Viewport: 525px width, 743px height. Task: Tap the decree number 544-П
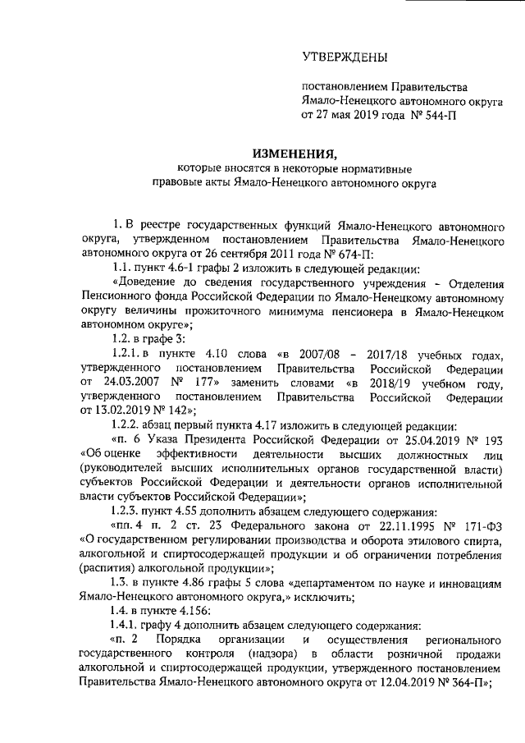(x=459, y=115)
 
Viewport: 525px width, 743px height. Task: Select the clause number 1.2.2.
(x=126, y=425)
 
